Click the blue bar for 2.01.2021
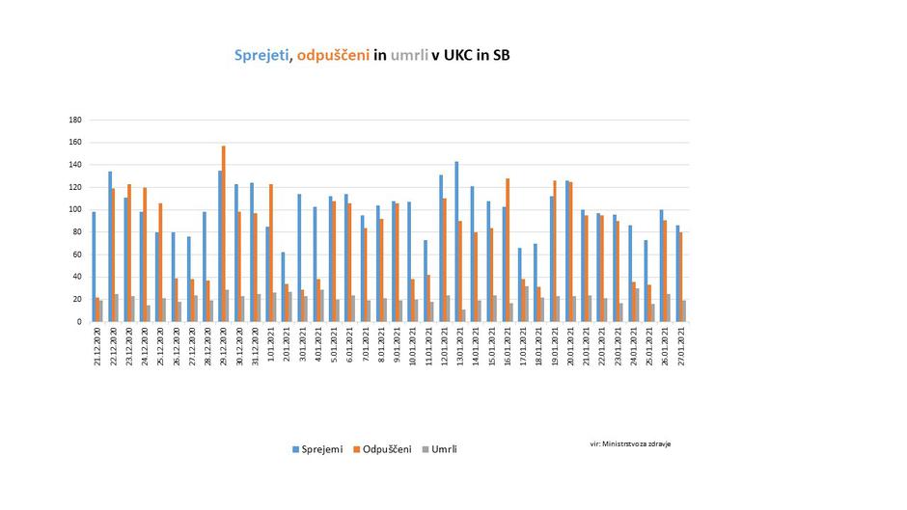[283, 287]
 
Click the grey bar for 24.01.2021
[637, 306]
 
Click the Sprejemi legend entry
[318, 449]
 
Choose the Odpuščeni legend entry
[383, 449]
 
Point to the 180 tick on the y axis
[75, 121]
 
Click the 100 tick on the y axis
[75, 210]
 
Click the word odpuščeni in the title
[333, 56]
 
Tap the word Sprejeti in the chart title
[262, 56]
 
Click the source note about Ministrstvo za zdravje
[630, 443]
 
